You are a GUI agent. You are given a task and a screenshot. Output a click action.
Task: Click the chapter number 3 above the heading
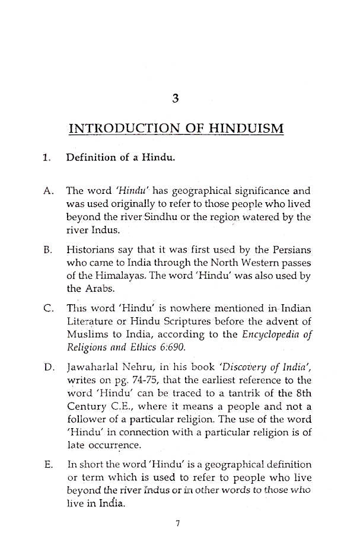click(x=174, y=98)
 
